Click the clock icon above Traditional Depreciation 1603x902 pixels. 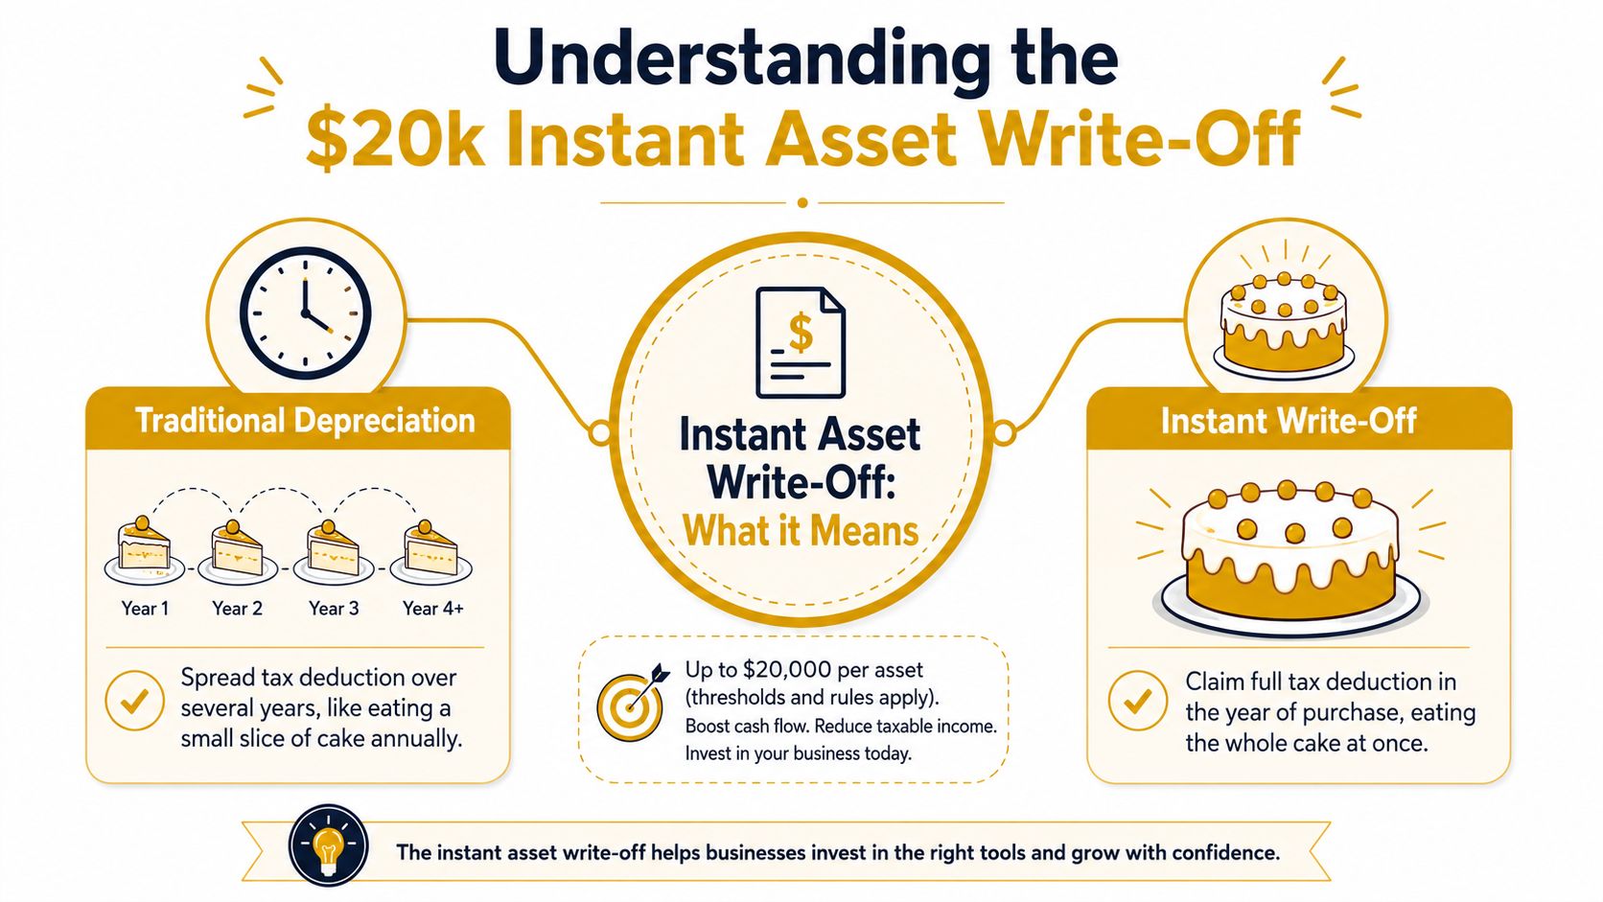point(305,312)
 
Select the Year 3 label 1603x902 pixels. point(334,609)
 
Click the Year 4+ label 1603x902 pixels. point(433,609)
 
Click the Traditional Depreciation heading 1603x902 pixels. point(306,421)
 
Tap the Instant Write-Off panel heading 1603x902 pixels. point(1289,421)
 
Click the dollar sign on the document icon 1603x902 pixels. point(801,334)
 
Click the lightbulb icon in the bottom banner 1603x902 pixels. point(329,845)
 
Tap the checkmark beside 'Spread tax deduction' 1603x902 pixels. point(134,701)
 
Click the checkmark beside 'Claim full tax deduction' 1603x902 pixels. point(1138,701)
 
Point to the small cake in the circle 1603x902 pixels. point(1285,324)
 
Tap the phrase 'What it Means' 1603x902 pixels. point(801,531)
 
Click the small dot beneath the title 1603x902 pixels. point(802,202)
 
